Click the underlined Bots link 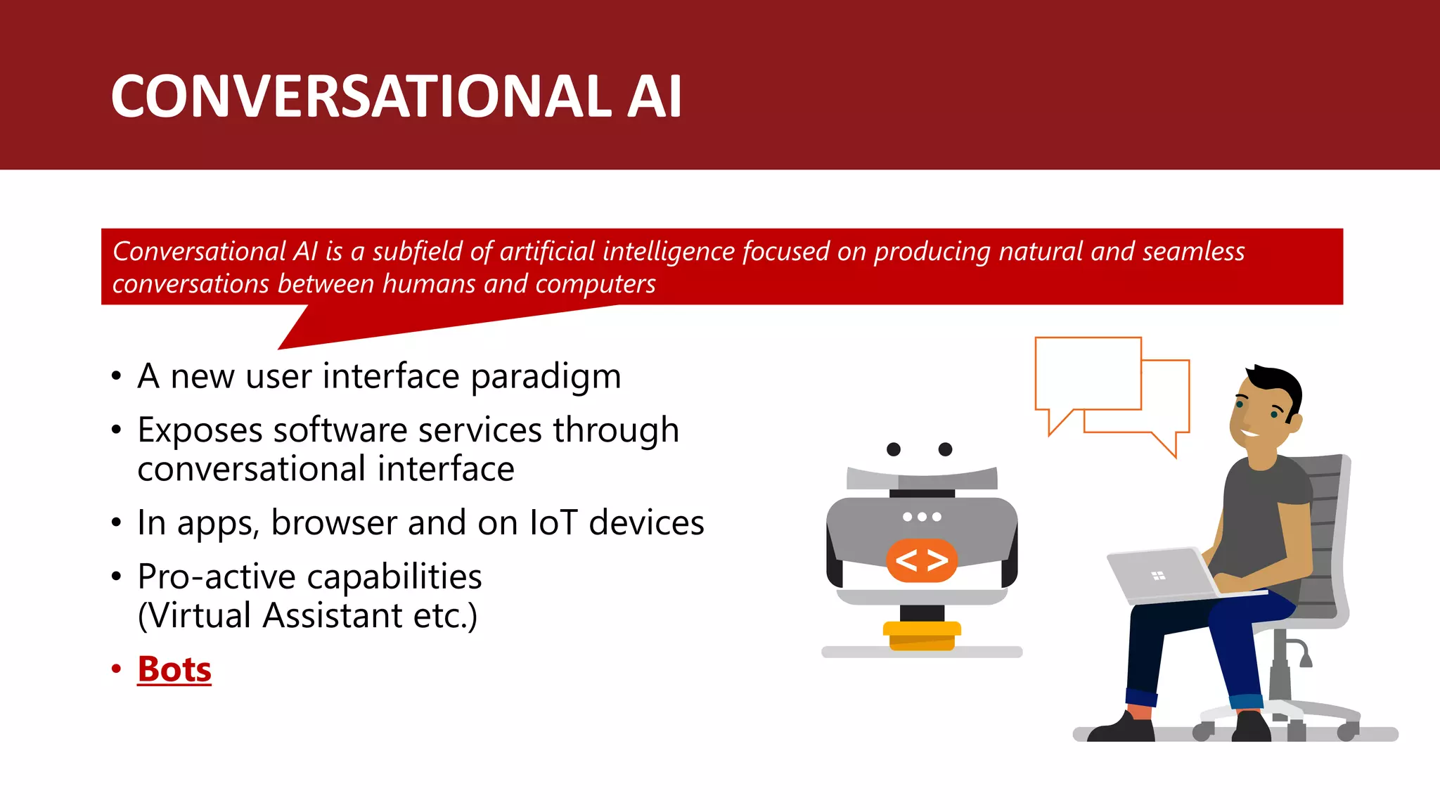tap(174, 669)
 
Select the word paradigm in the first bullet tap(546, 377)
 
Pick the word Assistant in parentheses tap(333, 615)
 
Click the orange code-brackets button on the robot tap(922, 560)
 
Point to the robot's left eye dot tap(894, 449)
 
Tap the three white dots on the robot tap(922, 517)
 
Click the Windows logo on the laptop tap(1158, 576)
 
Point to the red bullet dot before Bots tap(116, 669)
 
